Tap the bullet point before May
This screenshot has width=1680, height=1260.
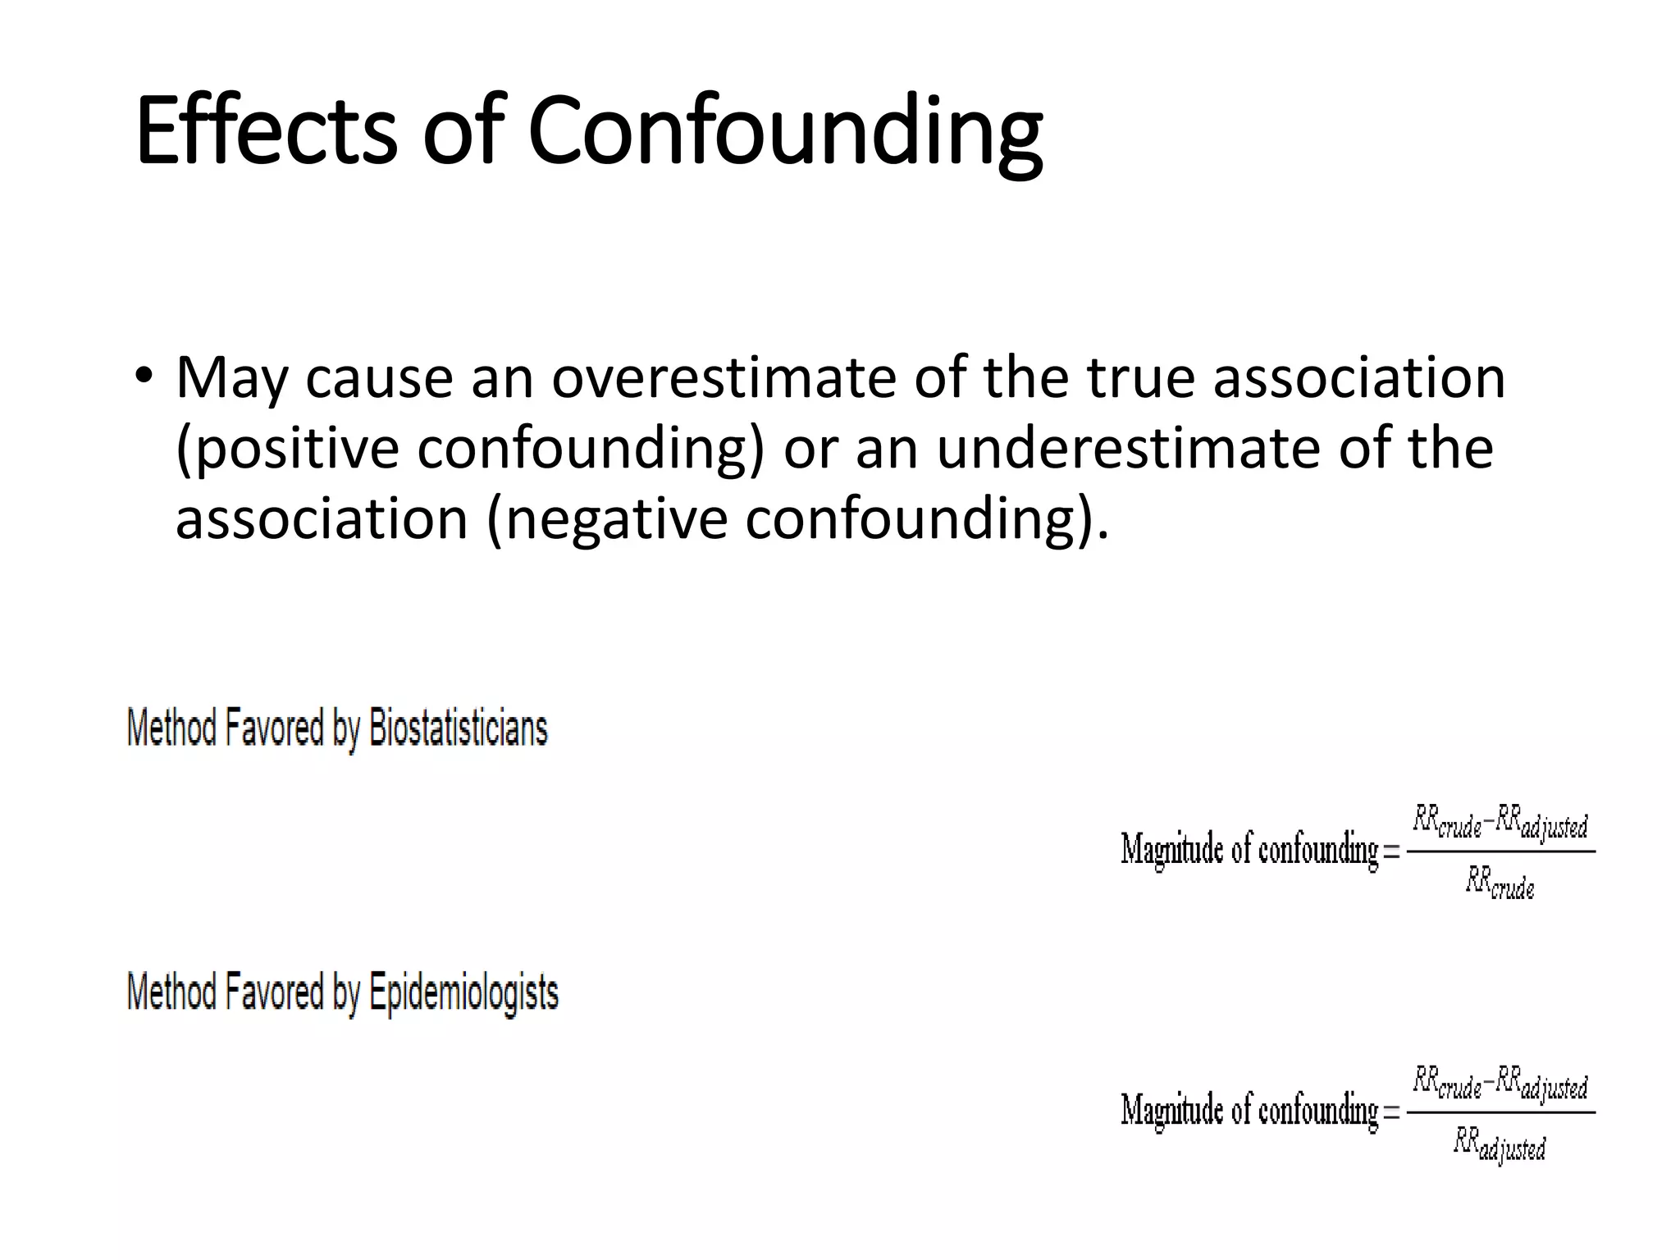coord(144,376)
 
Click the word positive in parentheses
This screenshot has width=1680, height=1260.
coord(287,449)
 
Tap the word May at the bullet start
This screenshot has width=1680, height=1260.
coord(232,379)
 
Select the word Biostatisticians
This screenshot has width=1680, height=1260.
coord(458,728)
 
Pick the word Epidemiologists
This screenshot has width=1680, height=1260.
coord(463,993)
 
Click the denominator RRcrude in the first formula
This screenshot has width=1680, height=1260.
coord(1500,884)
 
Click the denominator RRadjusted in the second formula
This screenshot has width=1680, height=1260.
coord(1500,1146)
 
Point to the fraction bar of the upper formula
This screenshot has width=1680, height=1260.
coord(1500,851)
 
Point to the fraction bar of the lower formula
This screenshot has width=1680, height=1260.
coord(1500,1113)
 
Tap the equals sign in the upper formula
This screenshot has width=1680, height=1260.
coord(1391,851)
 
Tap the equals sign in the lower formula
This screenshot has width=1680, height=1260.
coord(1391,1113)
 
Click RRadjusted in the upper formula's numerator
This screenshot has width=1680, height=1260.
coord(1541,823)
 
